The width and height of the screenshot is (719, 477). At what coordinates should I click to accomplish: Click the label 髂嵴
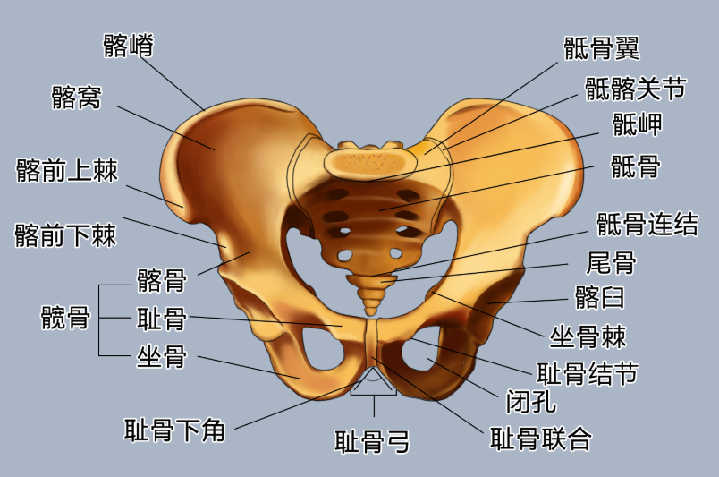click(x=129, y=46)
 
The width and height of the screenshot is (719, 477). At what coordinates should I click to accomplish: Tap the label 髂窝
click(x=76, y=98)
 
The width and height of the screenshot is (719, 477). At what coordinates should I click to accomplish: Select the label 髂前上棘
click(x=67, y=170)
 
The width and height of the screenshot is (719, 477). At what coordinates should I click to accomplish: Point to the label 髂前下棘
click(x=65, y=235)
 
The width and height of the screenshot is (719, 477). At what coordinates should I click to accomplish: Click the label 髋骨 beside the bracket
click(x=65, y=317)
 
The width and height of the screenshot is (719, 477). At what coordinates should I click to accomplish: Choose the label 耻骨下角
click(x=174, y=430)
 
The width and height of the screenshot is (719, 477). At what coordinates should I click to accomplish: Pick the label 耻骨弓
click(x=372, y=441)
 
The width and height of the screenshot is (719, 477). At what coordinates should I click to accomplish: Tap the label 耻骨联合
click(x=541, y=439)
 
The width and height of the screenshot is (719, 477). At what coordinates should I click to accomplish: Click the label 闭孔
click(x=531, y=401)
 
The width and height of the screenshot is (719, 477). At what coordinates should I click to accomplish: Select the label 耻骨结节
click(x=588, y=373)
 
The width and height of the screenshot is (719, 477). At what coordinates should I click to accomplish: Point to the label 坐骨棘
click(x=588, y=337)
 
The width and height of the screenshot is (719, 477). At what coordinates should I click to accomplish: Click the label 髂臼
click(x=600, y=297)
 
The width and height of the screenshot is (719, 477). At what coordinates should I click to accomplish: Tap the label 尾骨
click(x=612, y=262)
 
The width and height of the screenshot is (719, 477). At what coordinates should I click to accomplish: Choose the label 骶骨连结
click(x=647, y=224)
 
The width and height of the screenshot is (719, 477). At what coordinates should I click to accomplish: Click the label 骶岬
click(x=638, y=124)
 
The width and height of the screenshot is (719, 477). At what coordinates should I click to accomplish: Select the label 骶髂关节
click(x=636, y=89)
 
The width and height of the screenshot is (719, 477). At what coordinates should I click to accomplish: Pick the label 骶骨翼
click(x=602, y=48)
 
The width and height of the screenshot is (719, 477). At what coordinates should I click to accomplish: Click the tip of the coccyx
click(x=371, y=313)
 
